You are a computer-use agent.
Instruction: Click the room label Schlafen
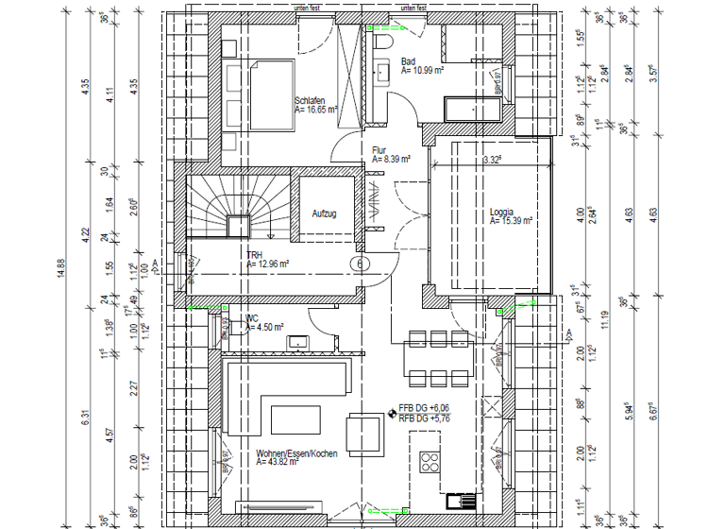point(310,100)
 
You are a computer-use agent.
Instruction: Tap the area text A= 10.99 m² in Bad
point(423,70)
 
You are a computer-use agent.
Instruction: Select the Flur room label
point(379,149)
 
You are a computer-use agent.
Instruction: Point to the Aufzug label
point(325,214)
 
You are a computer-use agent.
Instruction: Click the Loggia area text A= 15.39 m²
point(512,220)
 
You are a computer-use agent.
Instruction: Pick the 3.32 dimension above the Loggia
point(491,161)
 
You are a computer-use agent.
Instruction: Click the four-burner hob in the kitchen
point(430,462)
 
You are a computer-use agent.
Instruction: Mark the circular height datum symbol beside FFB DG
point(393,412)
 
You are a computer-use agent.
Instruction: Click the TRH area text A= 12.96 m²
point(267,265)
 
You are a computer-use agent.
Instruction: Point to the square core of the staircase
point(238,226)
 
